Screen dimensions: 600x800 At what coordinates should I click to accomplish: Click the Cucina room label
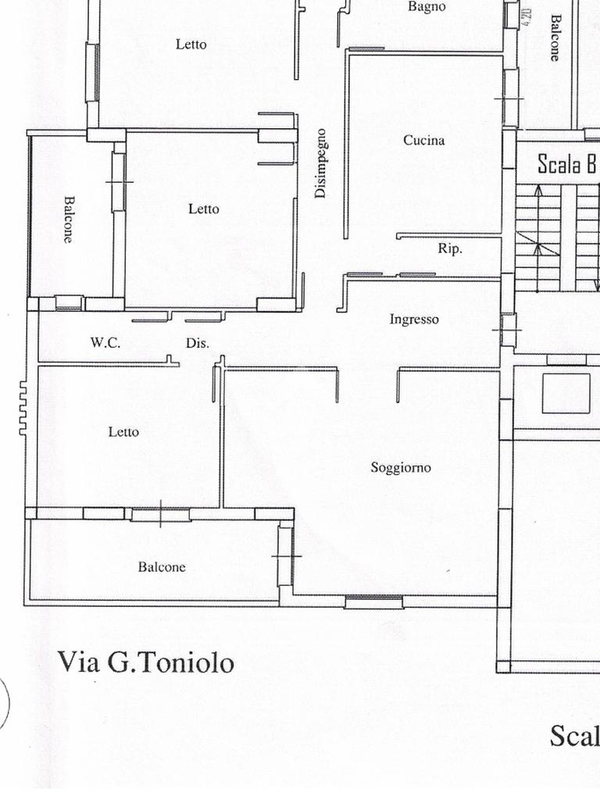click(x=423, y=141)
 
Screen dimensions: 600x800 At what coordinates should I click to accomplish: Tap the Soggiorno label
click(x=400, y=468)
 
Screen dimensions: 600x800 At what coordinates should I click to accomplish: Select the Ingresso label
click(x=414, y=320)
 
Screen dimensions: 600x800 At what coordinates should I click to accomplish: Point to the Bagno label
click(x=427, y=7)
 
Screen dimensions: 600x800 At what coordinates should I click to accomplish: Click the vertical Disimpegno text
click(x=321, y=162)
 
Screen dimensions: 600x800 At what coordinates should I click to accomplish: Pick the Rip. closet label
click(x=449, y=249)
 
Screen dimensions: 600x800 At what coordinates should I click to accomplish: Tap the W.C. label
click(x=105, y=342)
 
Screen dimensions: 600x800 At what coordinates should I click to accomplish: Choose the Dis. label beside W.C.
click(x=197, y=343)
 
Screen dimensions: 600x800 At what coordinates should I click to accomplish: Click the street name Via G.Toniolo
click(x=145, y=662)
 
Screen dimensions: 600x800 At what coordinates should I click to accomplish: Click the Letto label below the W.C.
click(x=123, y=431)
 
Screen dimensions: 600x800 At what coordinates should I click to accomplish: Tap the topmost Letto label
click(x=191, y=45)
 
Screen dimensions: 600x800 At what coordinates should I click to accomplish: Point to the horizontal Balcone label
click(x=162, y=567)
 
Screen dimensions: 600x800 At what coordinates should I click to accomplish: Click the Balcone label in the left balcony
click(x=69, y=219)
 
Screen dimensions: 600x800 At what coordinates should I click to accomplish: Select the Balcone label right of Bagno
click(x=555, y=37)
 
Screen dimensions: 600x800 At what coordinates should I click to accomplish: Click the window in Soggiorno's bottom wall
click(x=374, y=602)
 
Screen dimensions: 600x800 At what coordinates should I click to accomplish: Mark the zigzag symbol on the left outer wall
click(x=23, y=409)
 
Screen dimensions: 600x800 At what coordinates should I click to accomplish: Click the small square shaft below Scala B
click(x=566, y=393)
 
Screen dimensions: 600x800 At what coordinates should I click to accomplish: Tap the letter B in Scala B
click(x=591, y=164)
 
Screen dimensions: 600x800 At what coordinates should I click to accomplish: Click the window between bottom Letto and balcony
click(x=160, y=514)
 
